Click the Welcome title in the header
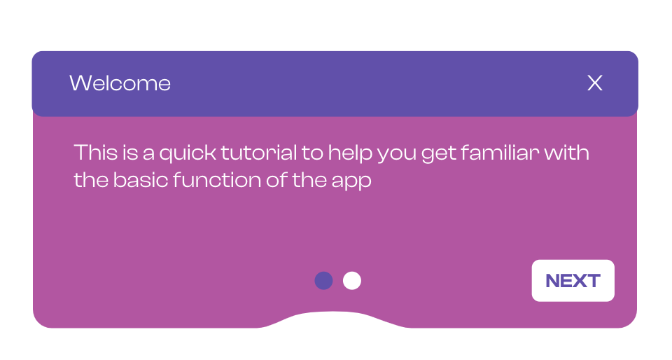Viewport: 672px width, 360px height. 120,83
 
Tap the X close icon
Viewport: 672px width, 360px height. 595,83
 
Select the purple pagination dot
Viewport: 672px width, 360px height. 323,281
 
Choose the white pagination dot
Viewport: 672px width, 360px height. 352,281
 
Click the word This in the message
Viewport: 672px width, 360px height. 96,153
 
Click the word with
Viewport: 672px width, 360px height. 566,153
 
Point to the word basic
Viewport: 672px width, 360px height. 141,180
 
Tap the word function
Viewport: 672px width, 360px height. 217,180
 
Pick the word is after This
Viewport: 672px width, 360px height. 130,153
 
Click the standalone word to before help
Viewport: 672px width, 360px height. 312,153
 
